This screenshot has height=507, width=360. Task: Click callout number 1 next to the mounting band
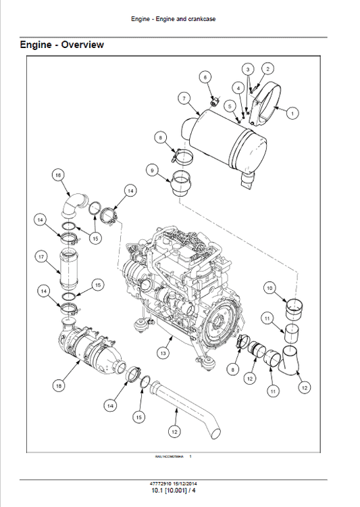292,114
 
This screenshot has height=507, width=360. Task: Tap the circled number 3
248,70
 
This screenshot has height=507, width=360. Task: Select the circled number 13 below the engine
163,352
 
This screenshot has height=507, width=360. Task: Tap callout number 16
59,175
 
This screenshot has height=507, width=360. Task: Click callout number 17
41,257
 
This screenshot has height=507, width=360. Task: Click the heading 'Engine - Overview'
62,45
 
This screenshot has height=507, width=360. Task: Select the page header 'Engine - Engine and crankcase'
180,19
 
